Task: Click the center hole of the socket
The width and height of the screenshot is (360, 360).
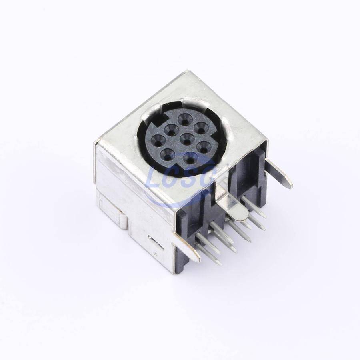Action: (186, 138)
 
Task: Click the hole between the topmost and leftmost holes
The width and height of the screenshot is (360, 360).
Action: (171, 130)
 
